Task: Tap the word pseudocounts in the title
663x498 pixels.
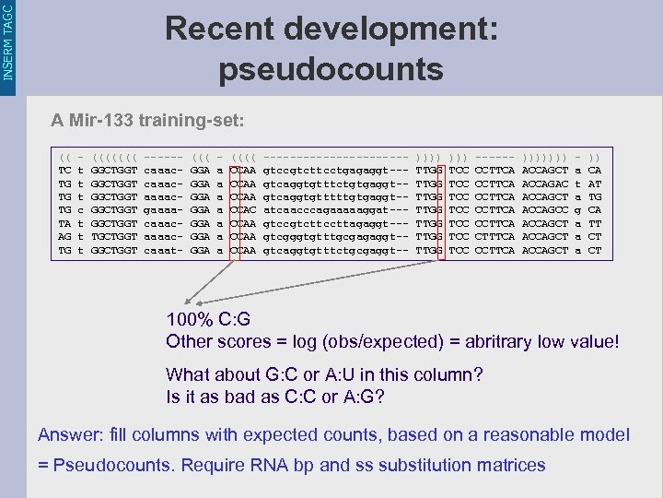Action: click(x=331, y=68)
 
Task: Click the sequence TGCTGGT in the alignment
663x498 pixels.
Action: click(x=116, y=236)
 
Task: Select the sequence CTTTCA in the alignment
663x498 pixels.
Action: click(x=497, y=236)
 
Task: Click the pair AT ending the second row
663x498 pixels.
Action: click(x=595, y=183)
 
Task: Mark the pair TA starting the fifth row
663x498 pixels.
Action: click(x=64, y=223)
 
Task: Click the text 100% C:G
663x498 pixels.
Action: click(x=208, y=320)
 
